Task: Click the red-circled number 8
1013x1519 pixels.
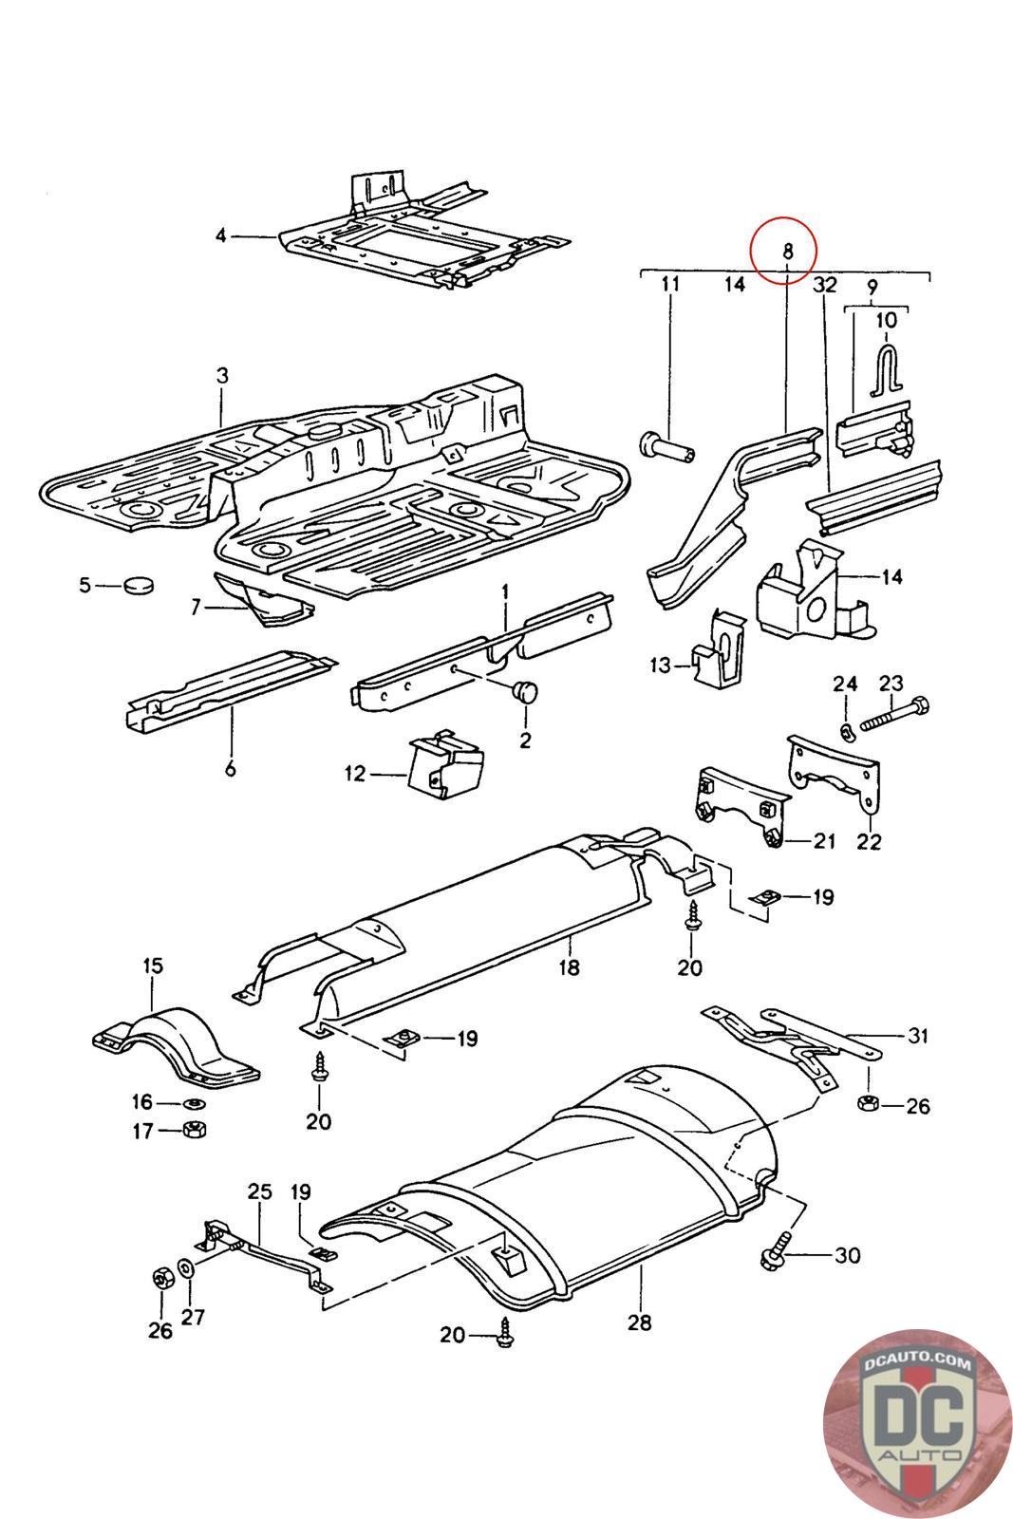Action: (786, 252)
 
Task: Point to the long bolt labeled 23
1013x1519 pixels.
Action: (894, 714)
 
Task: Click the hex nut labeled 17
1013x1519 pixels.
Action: (196, 1129)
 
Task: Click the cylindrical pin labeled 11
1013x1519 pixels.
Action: (666, 446)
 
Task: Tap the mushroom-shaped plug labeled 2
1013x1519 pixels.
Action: (525, 692)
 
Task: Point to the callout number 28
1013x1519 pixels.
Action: (639, 1322)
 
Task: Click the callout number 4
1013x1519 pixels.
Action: (220, 236)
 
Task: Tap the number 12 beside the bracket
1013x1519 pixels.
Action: (355, 773)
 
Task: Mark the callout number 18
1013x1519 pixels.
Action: (569, 967)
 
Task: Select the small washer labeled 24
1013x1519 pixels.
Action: (846, 730)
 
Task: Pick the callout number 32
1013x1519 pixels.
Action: (824, 285)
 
